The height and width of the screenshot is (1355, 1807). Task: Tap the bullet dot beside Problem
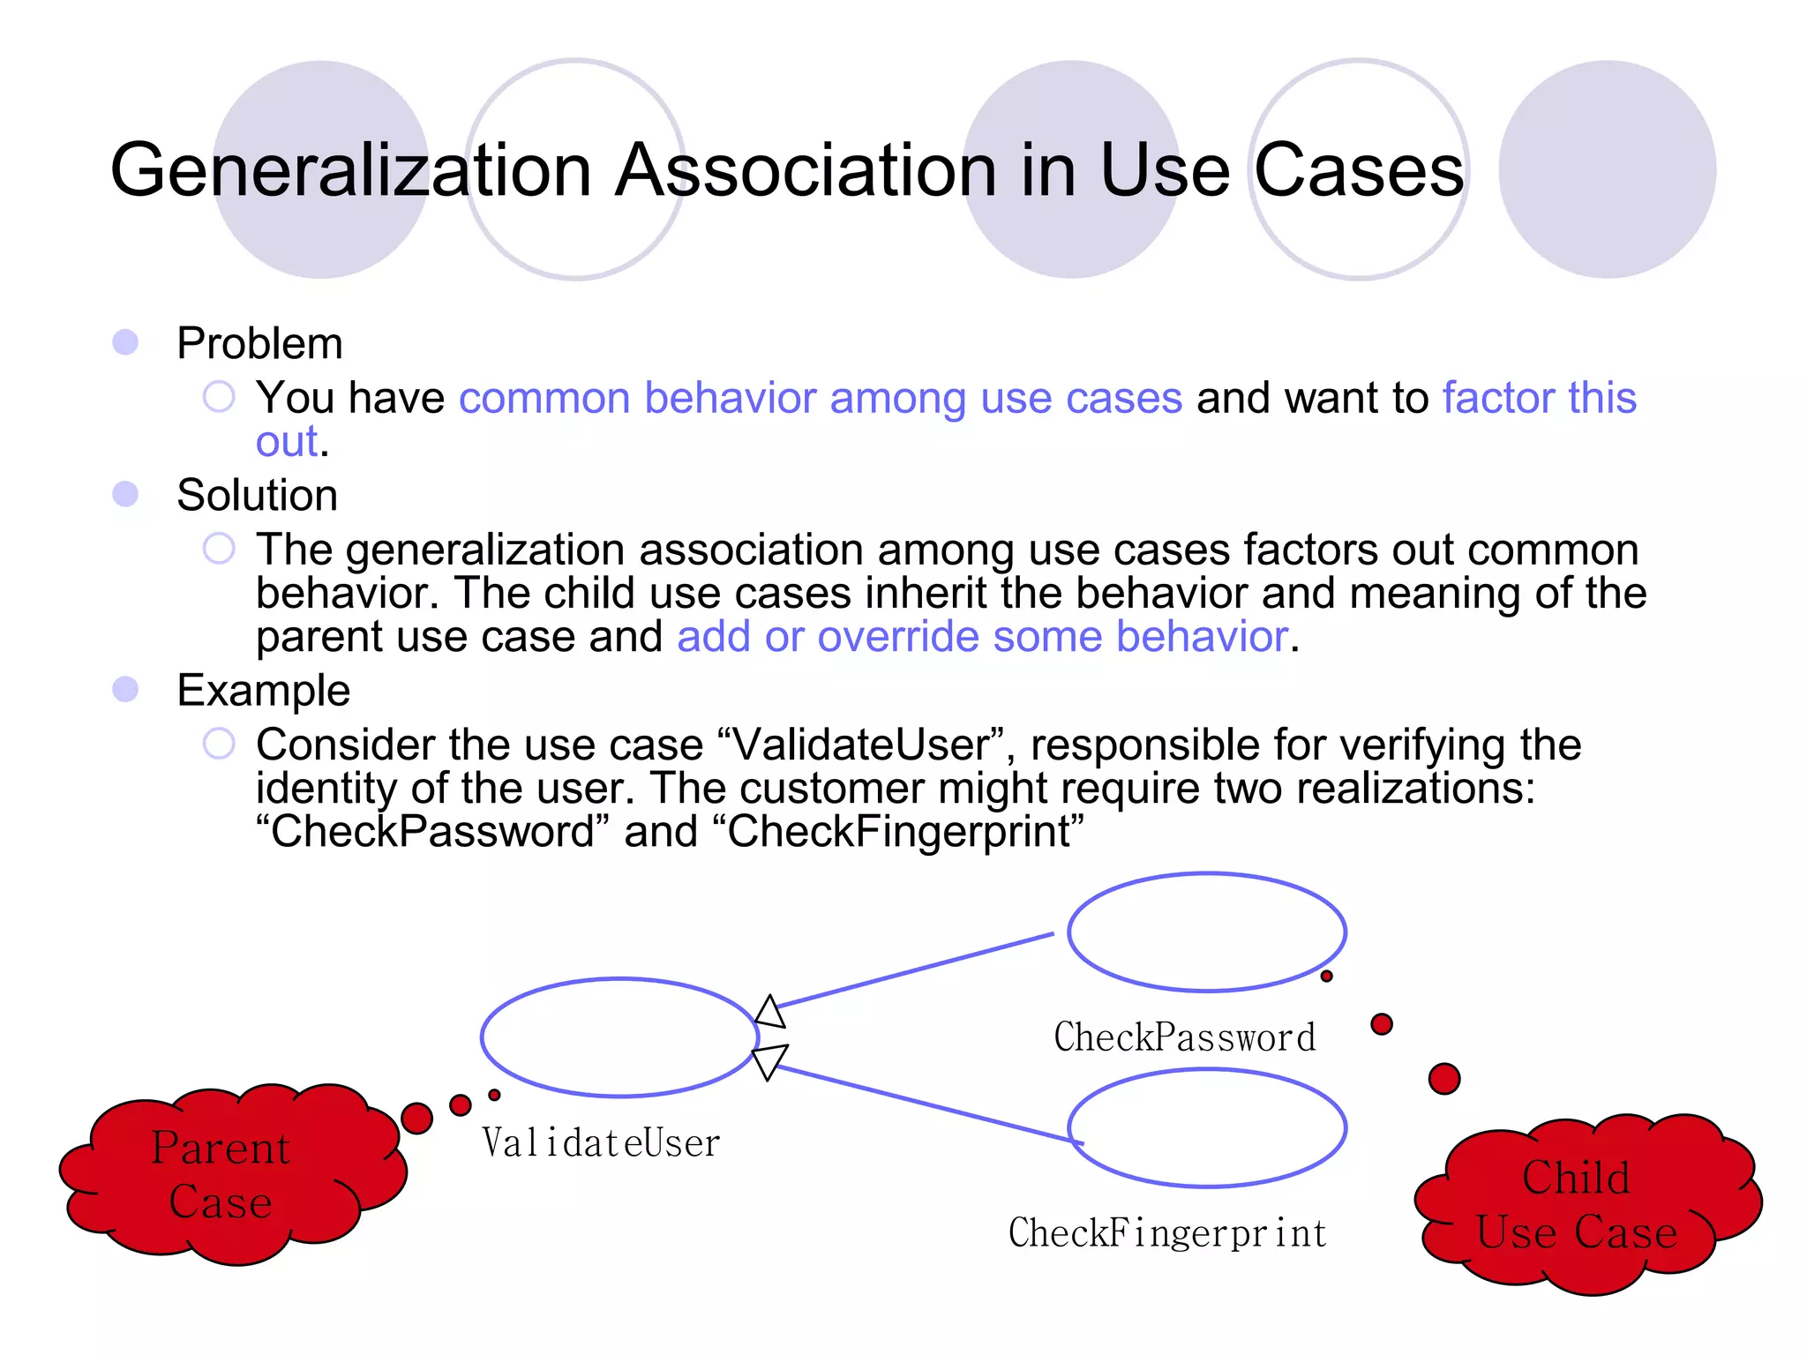(125, 342)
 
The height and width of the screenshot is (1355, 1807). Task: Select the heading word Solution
(257, 495)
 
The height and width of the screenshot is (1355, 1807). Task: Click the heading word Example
(263, 690)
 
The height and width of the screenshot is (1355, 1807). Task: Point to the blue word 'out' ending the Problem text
(286, 441)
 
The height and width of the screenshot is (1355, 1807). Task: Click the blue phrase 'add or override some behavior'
(982, 636)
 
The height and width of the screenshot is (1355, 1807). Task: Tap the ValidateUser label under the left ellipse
(601, 1143)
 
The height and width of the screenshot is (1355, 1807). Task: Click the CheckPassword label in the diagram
(1184, 1037)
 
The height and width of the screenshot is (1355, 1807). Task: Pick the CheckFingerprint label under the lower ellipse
(1167, 1233)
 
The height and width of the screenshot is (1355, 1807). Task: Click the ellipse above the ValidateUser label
(619, 1037)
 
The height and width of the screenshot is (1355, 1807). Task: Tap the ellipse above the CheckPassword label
(1206, 932)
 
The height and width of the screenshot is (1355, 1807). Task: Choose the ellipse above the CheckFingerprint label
(1206, 1128)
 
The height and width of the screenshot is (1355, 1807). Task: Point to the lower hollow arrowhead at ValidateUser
(769, 1060)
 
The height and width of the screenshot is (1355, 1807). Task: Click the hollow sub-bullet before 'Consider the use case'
(219, 744)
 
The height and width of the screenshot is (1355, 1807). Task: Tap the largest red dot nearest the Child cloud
(1443, 1078)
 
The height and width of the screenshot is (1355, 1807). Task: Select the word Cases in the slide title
(1359, 169)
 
